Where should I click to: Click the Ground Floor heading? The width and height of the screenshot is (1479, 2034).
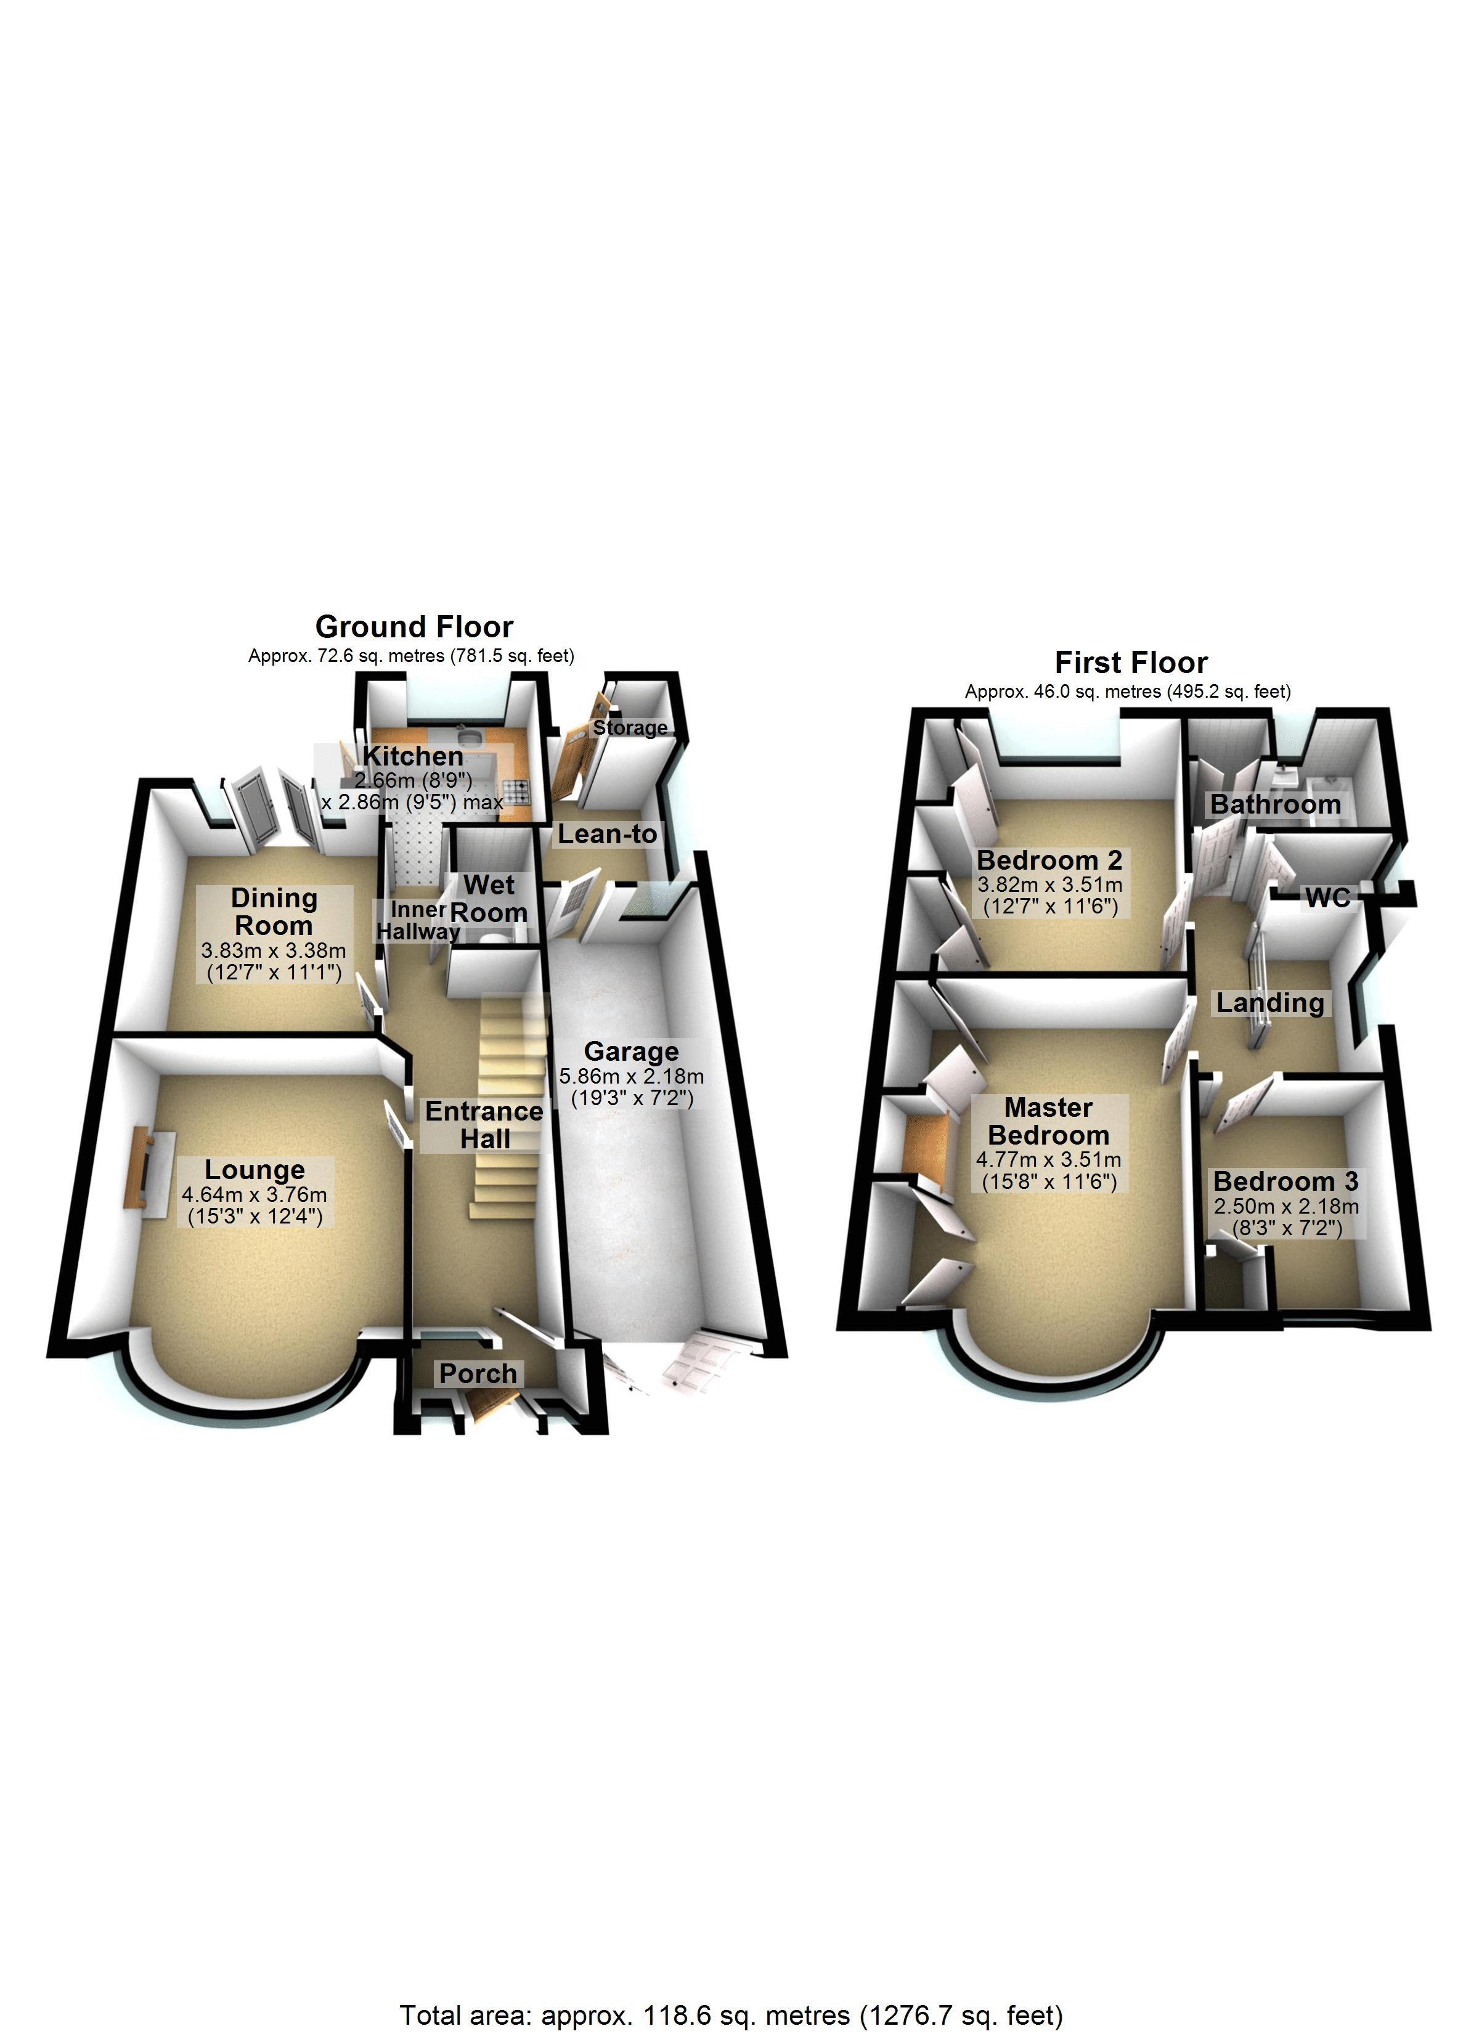414,627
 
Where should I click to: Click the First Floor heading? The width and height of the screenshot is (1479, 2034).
1130,663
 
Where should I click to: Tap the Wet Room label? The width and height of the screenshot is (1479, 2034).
489,899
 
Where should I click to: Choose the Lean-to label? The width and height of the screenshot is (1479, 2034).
607,834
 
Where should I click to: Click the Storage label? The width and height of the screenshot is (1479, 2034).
630,727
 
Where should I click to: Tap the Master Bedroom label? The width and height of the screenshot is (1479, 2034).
1048,1121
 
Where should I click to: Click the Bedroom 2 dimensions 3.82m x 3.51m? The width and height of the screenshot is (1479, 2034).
1049,884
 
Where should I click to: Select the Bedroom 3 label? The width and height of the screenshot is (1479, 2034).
1285,1181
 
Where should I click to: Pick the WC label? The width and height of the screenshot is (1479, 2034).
1327,897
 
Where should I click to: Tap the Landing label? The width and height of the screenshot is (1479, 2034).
1269,1003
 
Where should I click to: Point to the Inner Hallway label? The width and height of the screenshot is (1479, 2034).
418,920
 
